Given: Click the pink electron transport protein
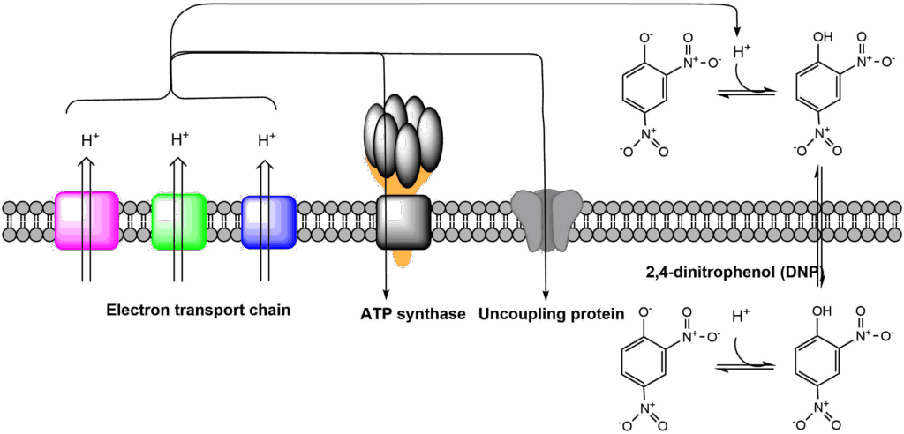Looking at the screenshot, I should pos(87,221).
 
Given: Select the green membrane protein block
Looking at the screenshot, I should pos(179,221).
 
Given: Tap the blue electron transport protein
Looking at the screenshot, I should pos(268,221).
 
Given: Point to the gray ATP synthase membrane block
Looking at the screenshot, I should pos(403,221).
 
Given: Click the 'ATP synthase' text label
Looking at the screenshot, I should pos(412,313).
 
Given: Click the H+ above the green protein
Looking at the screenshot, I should pos(179,138).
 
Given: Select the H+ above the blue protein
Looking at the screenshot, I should pos(267,138).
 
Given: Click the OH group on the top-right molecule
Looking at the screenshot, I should pos(824,38).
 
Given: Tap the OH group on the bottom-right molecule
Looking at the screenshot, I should pos(824,311).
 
